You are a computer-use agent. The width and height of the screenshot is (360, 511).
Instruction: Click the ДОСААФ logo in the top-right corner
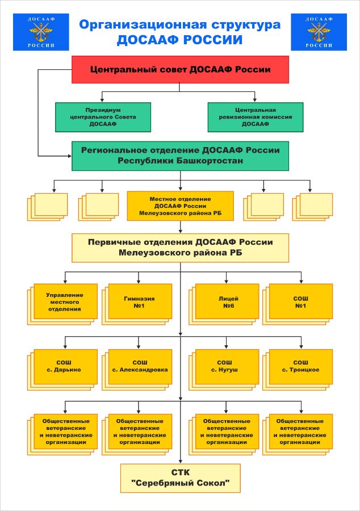coord(319,32)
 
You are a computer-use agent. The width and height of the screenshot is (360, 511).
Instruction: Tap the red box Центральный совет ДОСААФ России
coord(180,69)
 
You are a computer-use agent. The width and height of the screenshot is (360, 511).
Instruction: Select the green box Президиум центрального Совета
coord(103,117)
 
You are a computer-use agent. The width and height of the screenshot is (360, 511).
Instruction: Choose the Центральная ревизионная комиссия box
coord(256,117)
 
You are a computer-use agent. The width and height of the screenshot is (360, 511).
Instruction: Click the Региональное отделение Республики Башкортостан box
coord(180,156)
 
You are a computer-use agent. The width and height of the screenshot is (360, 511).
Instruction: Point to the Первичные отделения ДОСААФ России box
coord(180,248)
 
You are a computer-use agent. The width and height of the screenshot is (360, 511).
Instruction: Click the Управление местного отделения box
coord(64,301)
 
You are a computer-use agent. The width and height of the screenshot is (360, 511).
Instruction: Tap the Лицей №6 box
coord(228,301)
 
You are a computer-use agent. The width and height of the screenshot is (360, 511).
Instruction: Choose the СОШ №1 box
coord(300,301)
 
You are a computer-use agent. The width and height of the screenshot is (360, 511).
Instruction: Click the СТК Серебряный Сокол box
coord(180,478)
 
